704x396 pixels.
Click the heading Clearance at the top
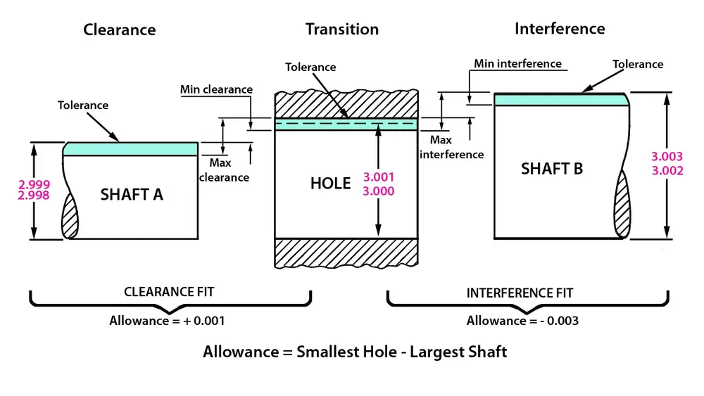click(119, 30)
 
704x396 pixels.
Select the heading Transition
click(341, 29)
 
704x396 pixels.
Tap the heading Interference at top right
click(560, 28)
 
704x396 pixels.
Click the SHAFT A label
click(132, 194)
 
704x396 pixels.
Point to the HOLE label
click(330, 184)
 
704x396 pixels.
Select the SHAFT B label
click(552, 169)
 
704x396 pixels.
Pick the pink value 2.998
click(34, 196)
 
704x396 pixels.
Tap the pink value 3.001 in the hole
click(379, 179)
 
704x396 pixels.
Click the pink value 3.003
click(667, 158)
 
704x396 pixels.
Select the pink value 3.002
click(667, 170)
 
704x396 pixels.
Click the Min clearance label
click(216, 89)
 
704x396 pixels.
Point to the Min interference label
click(517, 64)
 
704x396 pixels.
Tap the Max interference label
click(451, 148)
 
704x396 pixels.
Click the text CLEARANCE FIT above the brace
click(169, 292)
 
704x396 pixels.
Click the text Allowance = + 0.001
click(167, 321)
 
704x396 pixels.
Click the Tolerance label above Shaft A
click(83, 105)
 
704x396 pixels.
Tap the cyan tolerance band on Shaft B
click(560, 100)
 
